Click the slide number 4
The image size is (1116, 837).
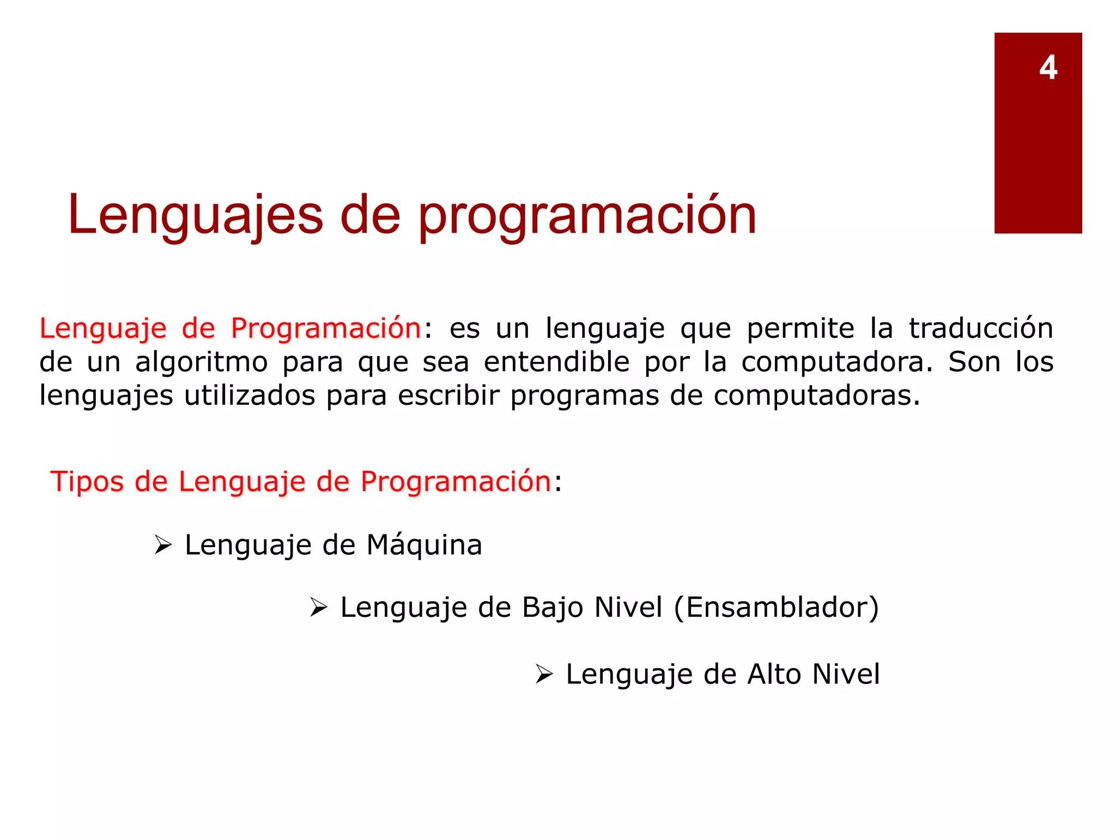[x=1048, y=68]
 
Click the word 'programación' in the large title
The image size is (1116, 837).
[x=587, y=216]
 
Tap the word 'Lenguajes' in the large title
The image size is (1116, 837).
[x=196, y=216]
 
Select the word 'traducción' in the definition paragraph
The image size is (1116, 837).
[x=981, y=329]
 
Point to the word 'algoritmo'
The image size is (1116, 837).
[x=201, y=362]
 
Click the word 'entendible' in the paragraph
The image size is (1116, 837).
[x=556, y=362]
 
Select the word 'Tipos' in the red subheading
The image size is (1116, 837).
[x=88, y=482]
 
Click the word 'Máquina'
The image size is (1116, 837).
[x=424, y=545]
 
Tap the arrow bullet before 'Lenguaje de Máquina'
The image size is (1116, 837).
[x=163, y=545]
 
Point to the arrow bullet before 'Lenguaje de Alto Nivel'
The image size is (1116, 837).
[x=544, y=674]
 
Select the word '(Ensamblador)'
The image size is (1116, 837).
[x=777, y=608]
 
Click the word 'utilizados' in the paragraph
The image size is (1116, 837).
[x=250, y=396]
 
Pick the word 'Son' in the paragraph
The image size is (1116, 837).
[x=974, y=362]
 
